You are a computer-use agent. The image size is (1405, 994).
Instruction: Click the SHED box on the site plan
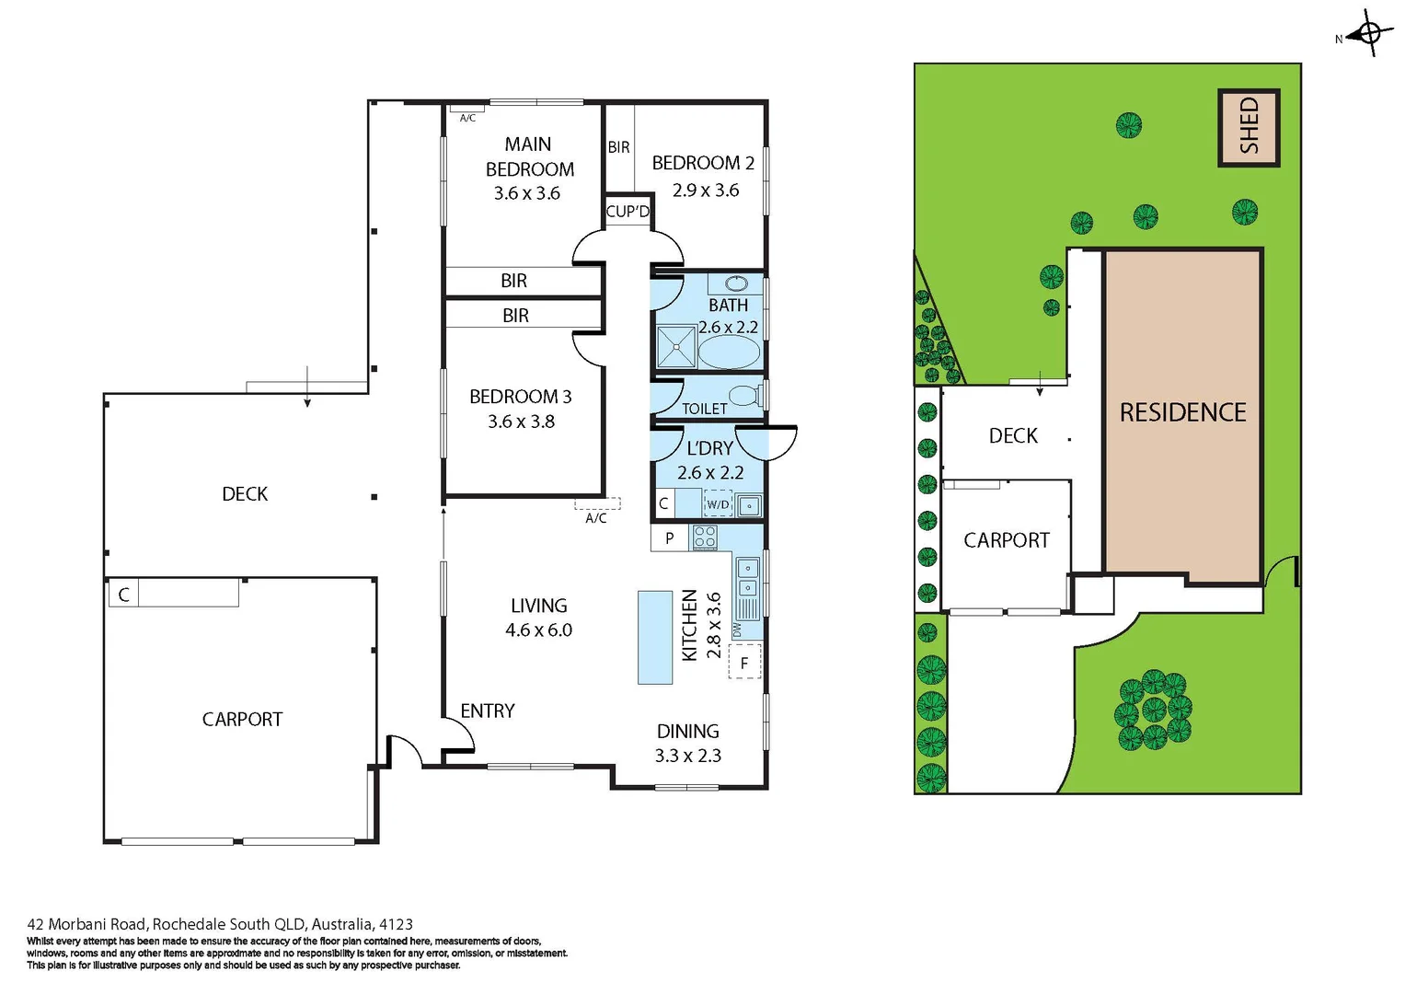point(1249,127)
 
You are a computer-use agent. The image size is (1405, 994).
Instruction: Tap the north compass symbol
point(1370,35)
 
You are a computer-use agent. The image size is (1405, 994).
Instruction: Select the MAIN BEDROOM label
point(529,156)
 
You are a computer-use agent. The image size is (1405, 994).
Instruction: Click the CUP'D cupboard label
point(628,211)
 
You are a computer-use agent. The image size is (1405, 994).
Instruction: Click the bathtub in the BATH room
point(729,352)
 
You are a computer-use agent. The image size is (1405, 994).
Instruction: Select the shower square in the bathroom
point(676,347)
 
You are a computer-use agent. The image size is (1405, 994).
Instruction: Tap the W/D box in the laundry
point(718,504)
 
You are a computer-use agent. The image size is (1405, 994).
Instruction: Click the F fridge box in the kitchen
point(744,662)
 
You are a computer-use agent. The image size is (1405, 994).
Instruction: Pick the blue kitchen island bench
point(655,637)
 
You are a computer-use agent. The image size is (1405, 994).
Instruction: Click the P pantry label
point(669,537)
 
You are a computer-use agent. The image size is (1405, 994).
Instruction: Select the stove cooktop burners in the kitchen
point(705,537)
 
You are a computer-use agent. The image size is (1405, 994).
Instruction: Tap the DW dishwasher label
point(736,630)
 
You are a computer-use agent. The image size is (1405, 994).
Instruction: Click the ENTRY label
point(487,711)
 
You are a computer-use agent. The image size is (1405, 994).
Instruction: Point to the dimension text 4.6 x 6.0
point(538,630)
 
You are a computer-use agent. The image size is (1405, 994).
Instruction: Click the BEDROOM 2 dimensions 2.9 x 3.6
point(705,191)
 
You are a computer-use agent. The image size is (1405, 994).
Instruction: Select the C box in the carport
point(123,595)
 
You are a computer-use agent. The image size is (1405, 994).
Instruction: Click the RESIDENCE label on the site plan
point(1182,412)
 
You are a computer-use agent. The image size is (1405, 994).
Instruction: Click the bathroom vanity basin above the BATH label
point(736,283)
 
